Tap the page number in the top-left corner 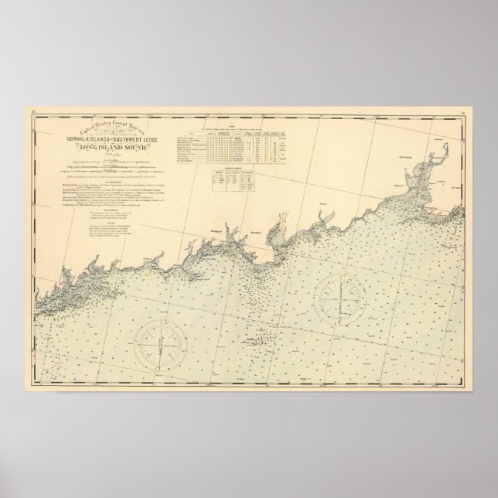click(34, 112)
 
